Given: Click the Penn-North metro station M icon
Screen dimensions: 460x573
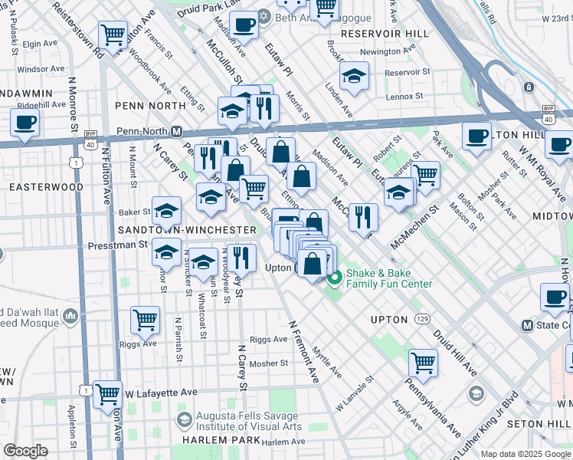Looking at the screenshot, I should (175, 131).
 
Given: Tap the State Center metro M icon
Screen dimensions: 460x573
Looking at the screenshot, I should (526, 325).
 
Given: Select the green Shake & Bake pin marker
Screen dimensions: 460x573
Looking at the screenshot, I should (332, 278).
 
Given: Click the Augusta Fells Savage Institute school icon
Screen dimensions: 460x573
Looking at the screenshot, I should (184, 419).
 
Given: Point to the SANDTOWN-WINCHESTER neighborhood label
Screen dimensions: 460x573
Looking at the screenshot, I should (187, 230).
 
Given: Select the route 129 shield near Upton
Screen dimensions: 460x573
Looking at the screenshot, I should (422, 317).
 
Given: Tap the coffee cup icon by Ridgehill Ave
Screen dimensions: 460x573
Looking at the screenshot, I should (25, 122).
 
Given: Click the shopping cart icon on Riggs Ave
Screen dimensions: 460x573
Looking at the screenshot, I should (145, 320).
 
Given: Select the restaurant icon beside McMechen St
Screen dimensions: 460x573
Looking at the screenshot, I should (363, 216).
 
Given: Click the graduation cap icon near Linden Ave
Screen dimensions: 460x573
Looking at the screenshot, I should (354, 76).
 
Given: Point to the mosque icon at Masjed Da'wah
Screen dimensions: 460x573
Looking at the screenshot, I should (71, 316).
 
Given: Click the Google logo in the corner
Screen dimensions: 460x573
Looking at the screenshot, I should (26, 451).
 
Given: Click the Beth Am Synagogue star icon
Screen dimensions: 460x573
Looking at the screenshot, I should (264, 16).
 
